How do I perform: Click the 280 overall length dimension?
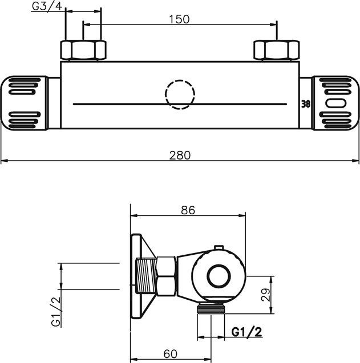[x=180, y=154]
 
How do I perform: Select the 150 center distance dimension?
[x=180, y=19]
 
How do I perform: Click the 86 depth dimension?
[x=188, y=210]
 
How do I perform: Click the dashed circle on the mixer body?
[x=180, y=93]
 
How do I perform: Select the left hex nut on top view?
[x=83, y=50]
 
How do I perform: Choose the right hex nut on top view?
[x=277, y=50]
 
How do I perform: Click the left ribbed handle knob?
[x=25, y=103]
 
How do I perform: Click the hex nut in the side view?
[x=165, y=276]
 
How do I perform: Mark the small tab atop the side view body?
[x=217, y=247]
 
